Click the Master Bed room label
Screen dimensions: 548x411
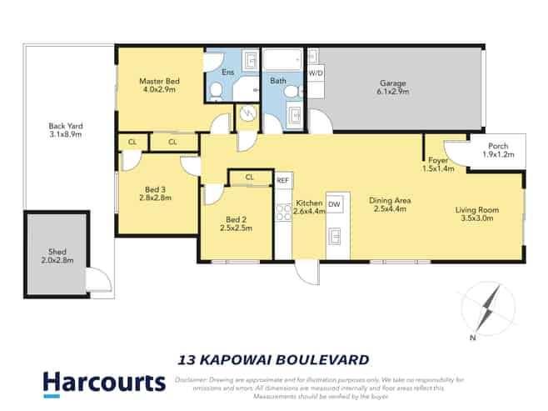[x=159, y=81]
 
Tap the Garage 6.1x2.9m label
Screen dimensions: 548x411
[x=393, y=88]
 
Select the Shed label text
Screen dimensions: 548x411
[x=57, y=252]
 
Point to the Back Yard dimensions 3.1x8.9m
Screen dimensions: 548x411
[x=66, y=134]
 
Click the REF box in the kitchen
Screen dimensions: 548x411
[x=283, y=180]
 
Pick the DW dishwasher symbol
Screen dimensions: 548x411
[x=335, y=204]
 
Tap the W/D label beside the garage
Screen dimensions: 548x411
[x=316, y=73]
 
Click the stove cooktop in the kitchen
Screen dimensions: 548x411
[x=283, y=213]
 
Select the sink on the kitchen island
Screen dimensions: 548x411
[x=335, y=236]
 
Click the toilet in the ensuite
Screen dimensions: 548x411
[x=216, y=91]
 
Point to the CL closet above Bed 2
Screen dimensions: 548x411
[x=250, y=178]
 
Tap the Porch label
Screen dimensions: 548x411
[x=498, y=146]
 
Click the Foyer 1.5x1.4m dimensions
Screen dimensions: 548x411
[x=438, y=168]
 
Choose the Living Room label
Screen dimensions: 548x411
[x=477, y=210]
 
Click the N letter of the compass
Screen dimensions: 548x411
[x=473, y=338]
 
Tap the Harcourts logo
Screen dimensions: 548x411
[x=104, y=384]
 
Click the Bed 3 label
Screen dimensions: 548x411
[x=155, y=189]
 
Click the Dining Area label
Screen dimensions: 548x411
[x=390, y=200]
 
